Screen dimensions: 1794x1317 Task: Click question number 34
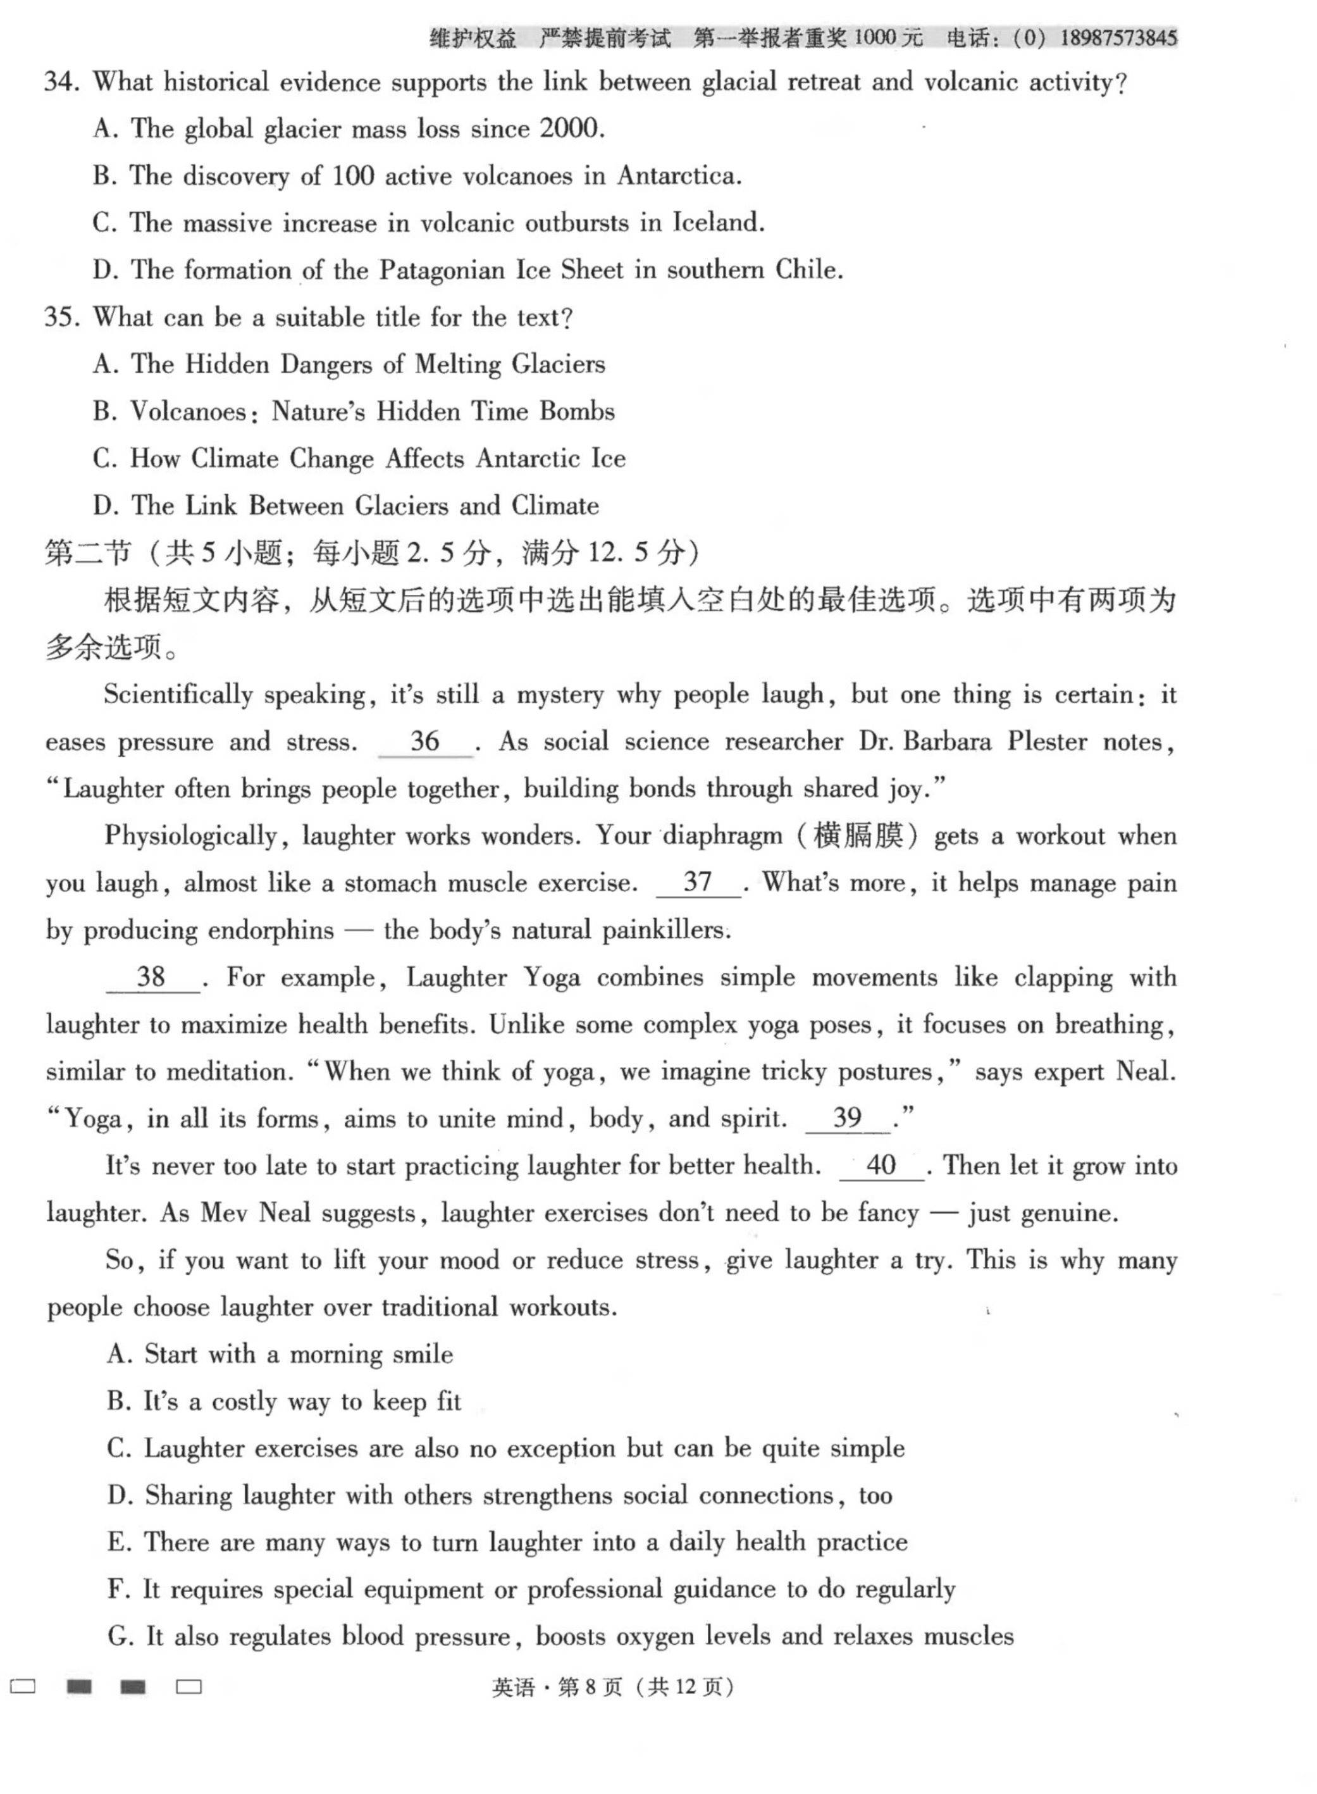click(61, 82)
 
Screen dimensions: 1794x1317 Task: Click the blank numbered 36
click(425, 742)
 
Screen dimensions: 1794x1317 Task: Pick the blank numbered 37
click(698, 882)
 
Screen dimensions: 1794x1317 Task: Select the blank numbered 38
click(151, 977)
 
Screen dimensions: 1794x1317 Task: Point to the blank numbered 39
click(848, 1118)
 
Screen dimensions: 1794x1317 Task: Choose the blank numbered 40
click(881, 1166)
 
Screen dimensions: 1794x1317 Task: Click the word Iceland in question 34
click(717, 223)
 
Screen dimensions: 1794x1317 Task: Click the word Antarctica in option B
click(679, 175)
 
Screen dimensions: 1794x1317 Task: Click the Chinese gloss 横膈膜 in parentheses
click(858, 835)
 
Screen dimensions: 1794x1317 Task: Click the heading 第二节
click(87, 552)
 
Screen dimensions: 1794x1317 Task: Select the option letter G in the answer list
click(119, 1637)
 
